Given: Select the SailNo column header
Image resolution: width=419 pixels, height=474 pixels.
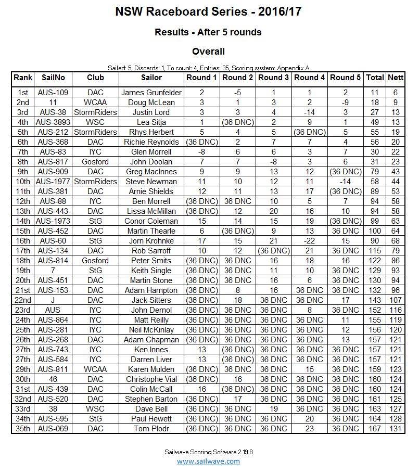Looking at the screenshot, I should [x=53, y=78].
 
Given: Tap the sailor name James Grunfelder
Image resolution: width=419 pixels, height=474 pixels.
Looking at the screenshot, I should [x=151, y=93].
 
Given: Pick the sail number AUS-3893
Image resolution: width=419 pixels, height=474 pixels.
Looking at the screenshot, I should [x=53, y=122].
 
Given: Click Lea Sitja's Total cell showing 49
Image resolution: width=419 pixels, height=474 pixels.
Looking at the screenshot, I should [x=375, y=122].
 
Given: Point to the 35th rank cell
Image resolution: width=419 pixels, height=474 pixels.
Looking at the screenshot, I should [x=23, y=429].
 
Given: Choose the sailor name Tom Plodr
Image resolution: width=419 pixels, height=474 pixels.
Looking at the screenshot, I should [x=151, y=429].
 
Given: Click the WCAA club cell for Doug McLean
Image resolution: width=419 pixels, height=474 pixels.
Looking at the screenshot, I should [x=95, y=103].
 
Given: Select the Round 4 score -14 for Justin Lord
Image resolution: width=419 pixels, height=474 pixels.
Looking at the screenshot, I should [x=310, y=112].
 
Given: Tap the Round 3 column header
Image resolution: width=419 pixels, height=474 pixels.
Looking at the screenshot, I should [x=274, y=78].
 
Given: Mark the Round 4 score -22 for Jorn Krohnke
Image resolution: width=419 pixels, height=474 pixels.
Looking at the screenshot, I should [x=310, y=241].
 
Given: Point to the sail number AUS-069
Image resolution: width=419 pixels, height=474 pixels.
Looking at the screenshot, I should [x=53, y=429].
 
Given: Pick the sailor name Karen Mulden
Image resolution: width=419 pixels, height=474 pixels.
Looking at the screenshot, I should [x=151, y=369].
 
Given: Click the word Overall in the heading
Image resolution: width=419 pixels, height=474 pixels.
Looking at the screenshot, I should [x=208, y=52].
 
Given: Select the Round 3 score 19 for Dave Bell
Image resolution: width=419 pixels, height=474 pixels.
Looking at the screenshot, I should [x=274, y=409].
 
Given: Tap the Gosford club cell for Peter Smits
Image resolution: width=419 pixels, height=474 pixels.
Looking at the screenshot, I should [x=95, y=261].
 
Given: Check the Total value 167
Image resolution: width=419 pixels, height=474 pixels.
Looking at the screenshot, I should [x=375, y=429].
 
